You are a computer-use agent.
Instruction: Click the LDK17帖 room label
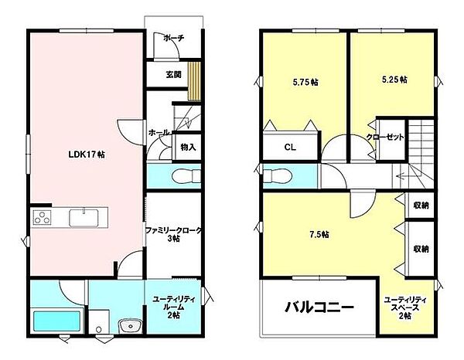(x=87, y=155)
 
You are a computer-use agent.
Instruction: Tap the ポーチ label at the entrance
(x=173, y=38)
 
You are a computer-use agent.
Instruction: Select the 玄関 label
(x=173, y=74)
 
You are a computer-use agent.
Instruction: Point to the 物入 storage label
(x=188, y=147)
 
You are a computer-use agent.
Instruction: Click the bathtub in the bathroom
(x=57, y=321)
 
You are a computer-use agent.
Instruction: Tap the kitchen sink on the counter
(x=84, y=218)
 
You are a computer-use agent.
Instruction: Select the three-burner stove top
(x=42, y=217)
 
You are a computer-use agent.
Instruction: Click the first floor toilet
(x=186, y=176)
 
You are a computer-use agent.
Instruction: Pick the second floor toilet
(x=278, y=176)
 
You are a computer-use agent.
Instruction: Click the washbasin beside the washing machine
(x=130, y=326)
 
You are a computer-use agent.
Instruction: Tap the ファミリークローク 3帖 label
(x=174, y=234)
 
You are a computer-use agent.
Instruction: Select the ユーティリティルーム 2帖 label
(x=174, y=307)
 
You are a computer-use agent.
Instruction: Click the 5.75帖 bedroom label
(x=305, y=82)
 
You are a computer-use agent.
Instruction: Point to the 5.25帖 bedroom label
(x=394, y=80)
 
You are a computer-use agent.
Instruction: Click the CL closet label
(x=290, y=148)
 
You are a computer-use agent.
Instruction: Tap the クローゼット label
(x=385, y=138)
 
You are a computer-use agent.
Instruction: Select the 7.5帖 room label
(x=319, y=234)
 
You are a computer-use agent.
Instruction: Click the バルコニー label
(x=319, y=307)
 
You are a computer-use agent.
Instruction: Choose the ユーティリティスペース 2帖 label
(x=404, y=308)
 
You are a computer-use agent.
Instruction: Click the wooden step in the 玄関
(x=194, y=82)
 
